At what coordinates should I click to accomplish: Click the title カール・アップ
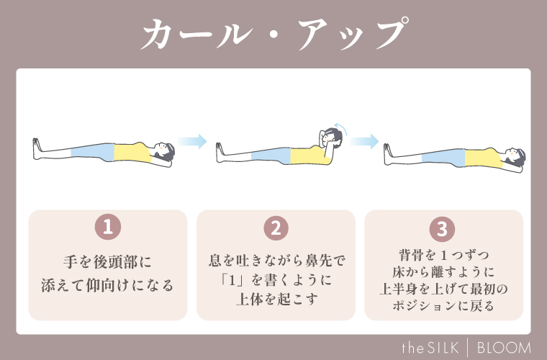click(x=273, y=35)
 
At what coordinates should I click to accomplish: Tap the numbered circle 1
click(x=107, y=228)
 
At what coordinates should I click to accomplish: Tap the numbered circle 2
click(x=276, y=228)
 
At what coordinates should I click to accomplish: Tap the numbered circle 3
click(x=443, y=228)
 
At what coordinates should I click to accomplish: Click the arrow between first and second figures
click(x=192, y=141)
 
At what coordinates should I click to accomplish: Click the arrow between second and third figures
click(x=366, y=141)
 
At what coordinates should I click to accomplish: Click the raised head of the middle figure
click(x=332, y=138)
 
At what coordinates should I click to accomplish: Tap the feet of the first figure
click(x=37, y=147)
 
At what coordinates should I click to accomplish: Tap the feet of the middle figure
click(x=220, y=148)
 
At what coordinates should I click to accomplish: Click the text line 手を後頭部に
click(x=107, y=261)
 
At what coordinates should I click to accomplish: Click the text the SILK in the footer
click(x=440, y=346)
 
